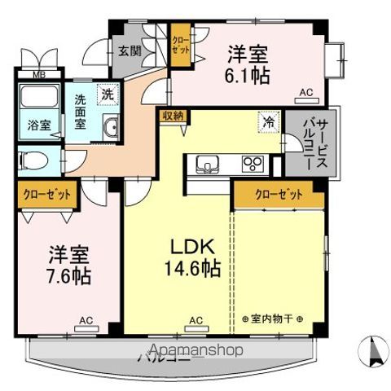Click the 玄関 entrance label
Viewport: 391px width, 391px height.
coord(129,51)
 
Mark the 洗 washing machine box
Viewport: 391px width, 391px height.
coord(106,94)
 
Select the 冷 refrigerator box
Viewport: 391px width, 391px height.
coord(268,121)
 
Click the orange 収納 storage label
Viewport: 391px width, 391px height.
coord(171,116)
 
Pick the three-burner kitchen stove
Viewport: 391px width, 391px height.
coord(255,164)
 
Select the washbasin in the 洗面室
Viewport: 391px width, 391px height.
coord(112,127)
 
